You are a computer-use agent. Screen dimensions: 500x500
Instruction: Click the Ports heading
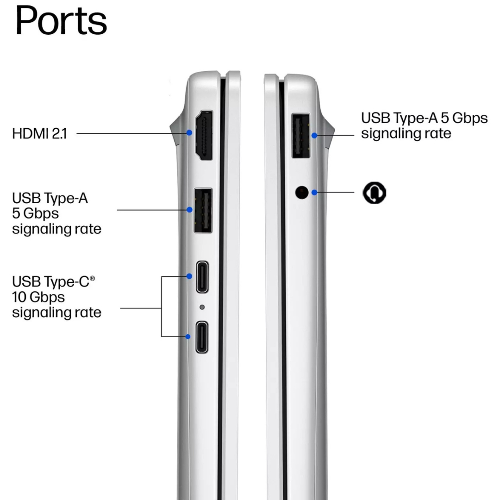coord(61,20)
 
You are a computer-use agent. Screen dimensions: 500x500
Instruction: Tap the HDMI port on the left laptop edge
coord(204,135)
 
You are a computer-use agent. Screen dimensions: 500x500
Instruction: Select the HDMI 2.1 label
coord(39,133)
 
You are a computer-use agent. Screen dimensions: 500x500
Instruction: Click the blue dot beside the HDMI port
coord(189,132)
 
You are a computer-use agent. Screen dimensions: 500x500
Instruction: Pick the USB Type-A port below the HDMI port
coord(203,211)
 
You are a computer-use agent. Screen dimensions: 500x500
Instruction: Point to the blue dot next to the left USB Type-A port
coord(189,210)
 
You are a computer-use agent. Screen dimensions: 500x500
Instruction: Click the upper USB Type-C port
coord(202,277)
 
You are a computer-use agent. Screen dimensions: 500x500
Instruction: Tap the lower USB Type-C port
coord(202,337)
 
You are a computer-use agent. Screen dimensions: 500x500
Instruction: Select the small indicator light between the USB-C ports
coord(202,307)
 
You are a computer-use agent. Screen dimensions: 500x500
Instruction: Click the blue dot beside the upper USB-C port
coord(189,276)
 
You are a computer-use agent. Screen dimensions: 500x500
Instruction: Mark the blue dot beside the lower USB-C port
coord(188,337)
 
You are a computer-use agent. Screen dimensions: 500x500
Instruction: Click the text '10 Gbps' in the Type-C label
coord(38,298)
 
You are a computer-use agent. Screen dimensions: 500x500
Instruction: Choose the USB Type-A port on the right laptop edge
coord(301,136)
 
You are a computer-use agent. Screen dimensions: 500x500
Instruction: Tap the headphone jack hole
coord(302,192)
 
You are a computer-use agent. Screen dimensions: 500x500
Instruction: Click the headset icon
coord(375,193)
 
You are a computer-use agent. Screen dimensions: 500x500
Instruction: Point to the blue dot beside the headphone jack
coord(314,192)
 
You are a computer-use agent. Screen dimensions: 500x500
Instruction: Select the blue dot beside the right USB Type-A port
coord(314,136)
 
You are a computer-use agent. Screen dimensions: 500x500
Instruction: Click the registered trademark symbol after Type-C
coord(92,278)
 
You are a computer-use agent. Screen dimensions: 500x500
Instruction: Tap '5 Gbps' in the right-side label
coord(464,119)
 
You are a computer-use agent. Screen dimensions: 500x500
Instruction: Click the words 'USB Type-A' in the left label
coord(50,198)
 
